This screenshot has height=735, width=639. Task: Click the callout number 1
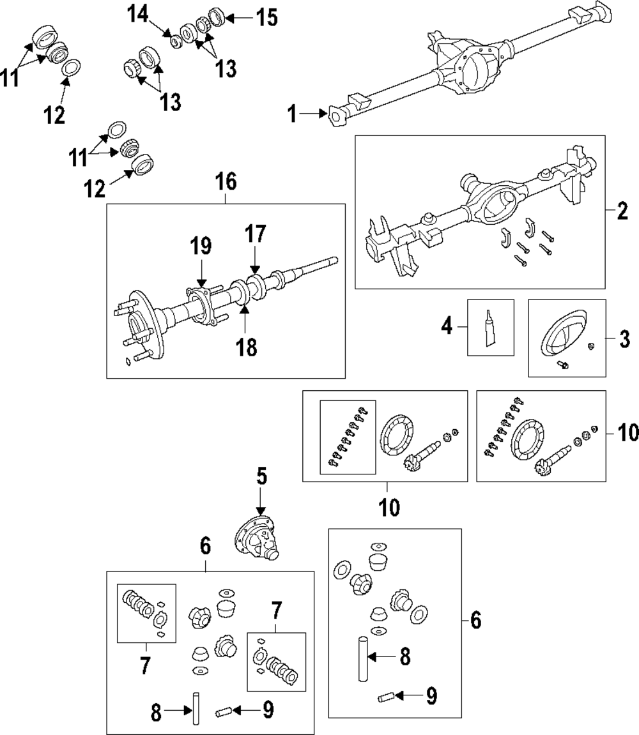pos(292,114)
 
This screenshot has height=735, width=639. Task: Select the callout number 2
pos(622,211)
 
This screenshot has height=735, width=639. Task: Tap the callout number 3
pos(624,339)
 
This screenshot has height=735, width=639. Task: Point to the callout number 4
pos(447,326)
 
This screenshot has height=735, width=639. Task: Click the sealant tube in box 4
pos(490,328)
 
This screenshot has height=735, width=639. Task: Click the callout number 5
pos(261,476)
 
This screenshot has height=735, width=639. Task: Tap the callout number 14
pos(138,15)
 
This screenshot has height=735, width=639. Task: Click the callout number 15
pos(266,19)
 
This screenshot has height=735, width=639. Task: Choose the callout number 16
pos(226,181)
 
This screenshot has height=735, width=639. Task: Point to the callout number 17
pos(255,234)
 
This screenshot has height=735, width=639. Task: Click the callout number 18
pos(246,347)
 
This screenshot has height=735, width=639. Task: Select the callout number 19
pos(201,246)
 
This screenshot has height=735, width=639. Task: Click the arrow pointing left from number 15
pos(240,19)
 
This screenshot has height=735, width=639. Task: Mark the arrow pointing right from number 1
pos(313,114)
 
